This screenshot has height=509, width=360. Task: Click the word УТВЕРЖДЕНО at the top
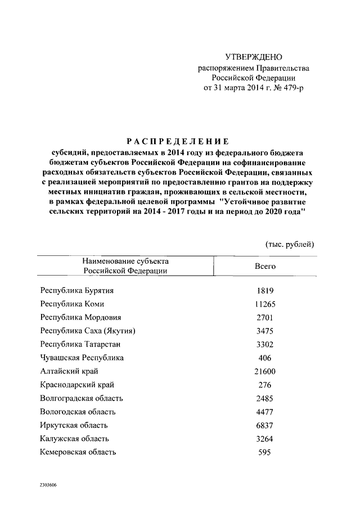point(253,57)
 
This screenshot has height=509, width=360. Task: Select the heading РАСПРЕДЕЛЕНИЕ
point(177,142)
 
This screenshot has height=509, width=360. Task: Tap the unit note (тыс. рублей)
point(290,244)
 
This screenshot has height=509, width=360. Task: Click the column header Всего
point(265,266)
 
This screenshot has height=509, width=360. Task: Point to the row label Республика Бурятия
point(77,290)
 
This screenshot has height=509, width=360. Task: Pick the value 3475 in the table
point(264,331)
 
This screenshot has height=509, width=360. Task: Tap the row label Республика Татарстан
point(80,344)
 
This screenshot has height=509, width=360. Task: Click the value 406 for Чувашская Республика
point(264,358)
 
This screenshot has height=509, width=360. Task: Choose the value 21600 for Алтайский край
point(264,371)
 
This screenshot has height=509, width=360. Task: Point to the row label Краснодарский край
point(77,385)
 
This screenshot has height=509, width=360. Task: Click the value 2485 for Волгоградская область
point(264,398)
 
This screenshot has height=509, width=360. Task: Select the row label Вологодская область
point(78,412)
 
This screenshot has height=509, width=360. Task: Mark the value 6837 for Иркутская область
point(264,425)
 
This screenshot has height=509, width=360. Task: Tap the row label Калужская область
point(74,439)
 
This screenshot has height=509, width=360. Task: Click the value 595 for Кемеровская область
point(264,452)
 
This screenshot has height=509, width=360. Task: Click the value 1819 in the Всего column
point(264,290)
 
